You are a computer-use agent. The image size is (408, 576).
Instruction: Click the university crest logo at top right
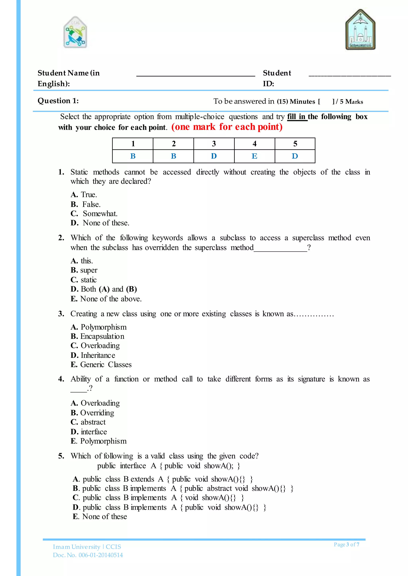pyautogui.click(x=360, y=30)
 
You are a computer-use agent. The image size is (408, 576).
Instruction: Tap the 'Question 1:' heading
pyautogui.click(x=58, y=101)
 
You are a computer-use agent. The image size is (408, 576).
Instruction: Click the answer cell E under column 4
pyautogui.click(x=254, y=156)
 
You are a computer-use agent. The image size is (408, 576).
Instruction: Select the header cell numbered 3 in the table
pyautogui.click(x=214, y=144)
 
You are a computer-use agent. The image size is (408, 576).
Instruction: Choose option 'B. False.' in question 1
pyautogui.click(x=86, y=204)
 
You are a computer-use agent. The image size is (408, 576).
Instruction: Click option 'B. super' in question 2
pyautogui.click(x=84, y=270)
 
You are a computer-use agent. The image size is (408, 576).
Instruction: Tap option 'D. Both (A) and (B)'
pyautogui.click(x=104, y=289)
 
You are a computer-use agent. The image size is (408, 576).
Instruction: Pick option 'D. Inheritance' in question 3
pyautogui.click(x=93, y=355)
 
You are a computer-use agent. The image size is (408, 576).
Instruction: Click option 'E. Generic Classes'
pyautogui.click(x=101, y=365)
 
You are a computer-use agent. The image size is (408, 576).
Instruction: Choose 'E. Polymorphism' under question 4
pyautogui.click(x=98, y=441)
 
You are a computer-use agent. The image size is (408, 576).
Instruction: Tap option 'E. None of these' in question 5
pyautogui.click(x=100, y=517)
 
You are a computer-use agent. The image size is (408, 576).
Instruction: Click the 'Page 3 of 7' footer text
pyautogui.click(x=346, y=544)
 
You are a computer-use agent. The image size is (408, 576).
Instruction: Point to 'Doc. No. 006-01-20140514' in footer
pyautogui.click(x=88, y=555)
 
